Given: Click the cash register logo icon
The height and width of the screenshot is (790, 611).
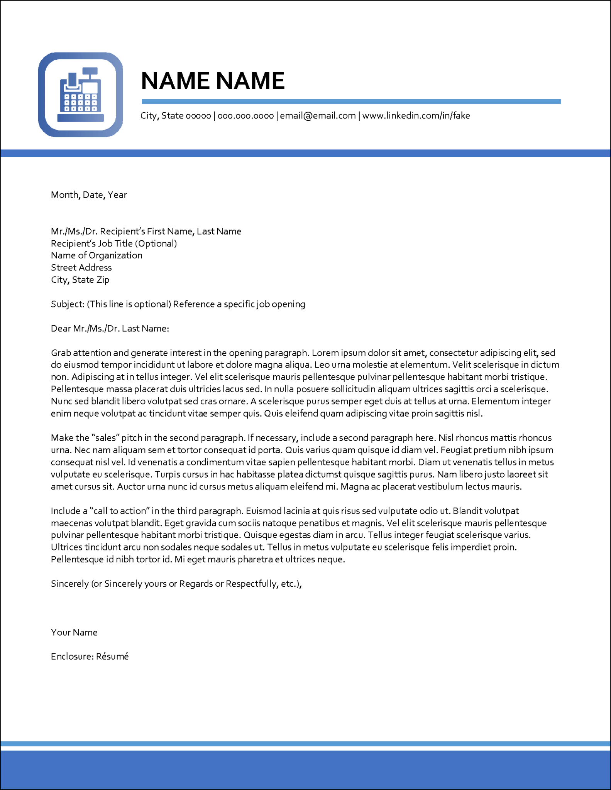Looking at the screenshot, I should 80,95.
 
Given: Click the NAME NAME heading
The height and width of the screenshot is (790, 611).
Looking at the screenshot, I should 213,81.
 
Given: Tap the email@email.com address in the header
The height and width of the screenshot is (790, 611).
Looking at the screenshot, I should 318,116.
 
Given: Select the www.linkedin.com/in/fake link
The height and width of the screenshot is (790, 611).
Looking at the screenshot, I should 416,116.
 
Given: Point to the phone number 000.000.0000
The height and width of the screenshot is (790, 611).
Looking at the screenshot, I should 245,116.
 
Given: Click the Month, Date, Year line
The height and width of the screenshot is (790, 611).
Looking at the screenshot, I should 89,195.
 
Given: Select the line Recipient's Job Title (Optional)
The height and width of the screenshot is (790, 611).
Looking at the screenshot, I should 114,243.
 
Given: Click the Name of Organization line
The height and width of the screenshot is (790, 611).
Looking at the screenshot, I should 96,255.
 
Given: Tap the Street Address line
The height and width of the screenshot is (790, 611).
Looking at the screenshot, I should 81,268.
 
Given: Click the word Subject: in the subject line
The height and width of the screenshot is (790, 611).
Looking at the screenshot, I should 68,304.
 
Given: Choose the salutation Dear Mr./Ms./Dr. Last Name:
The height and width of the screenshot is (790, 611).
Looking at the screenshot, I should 110,329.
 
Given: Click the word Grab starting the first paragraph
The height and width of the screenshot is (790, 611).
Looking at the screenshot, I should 61,353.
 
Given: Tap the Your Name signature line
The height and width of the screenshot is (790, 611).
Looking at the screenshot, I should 74,632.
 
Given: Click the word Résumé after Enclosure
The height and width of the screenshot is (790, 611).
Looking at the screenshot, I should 112,657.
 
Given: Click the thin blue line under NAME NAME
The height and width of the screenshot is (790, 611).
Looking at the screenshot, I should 351,101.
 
